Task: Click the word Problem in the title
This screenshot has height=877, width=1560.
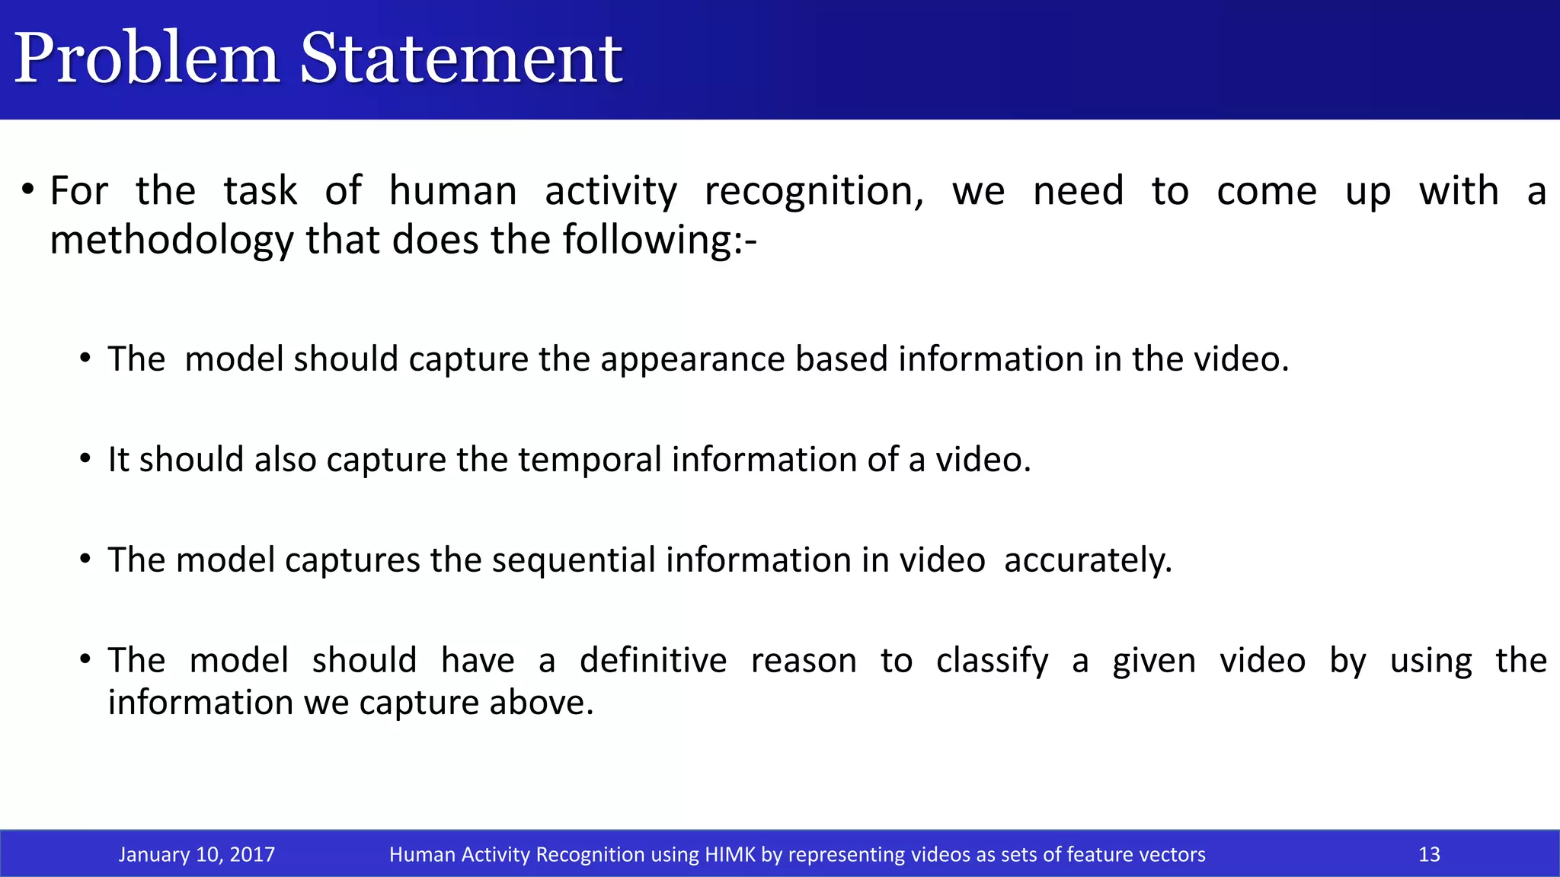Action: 146,59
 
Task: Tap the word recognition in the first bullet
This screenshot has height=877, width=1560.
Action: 814,191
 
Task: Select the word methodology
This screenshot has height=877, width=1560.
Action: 171,241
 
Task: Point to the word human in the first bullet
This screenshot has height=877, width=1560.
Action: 452,191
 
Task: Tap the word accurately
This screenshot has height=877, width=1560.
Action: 1088,561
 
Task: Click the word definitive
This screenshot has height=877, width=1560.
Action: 653,660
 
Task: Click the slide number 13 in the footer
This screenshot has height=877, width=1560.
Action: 1429,854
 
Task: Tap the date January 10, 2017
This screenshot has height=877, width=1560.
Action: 197,854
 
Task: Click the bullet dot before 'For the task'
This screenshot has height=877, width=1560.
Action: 27,189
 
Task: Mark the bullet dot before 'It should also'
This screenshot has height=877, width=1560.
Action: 85,458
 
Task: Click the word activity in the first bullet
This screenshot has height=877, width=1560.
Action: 610,191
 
